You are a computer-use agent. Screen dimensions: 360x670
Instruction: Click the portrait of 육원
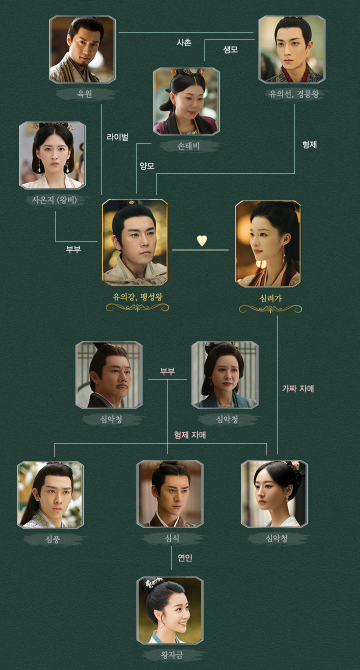(x=82, y=49)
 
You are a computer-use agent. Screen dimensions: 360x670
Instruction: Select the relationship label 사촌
(x=184, y=43)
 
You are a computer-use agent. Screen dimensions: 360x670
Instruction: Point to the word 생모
(x=230, y=49)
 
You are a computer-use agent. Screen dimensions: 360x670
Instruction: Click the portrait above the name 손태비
(x=186, y=101)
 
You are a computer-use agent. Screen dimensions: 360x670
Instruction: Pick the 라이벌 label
(x=117, y=136)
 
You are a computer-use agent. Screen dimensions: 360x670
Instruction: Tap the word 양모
(x=147, y=166)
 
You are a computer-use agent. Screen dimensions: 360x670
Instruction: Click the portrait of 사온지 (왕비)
(x=52, y=155)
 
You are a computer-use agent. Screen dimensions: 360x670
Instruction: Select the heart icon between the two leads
(x=201, y=240)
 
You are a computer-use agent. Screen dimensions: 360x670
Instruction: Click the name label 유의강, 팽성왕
(x=137, y=296)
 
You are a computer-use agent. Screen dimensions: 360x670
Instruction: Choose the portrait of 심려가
(x=268, y=244)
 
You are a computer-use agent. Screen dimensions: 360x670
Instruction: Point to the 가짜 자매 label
(x=298, y=388)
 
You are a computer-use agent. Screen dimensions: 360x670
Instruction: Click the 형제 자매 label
(x=190, y=435)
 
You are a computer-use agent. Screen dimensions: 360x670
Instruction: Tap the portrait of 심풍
(x=50, y=494)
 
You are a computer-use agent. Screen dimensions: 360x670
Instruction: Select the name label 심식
(x=172, y=538)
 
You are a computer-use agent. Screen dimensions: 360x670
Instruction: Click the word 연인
(x=185, y=557)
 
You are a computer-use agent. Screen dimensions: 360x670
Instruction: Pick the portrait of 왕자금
(x=170, y=610)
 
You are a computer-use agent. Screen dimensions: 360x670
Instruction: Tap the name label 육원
(x=84, y=93)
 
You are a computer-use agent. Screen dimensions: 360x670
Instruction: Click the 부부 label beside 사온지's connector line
(x=73, y=249)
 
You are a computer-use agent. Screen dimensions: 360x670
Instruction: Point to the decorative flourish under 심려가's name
(x=270, y=309)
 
